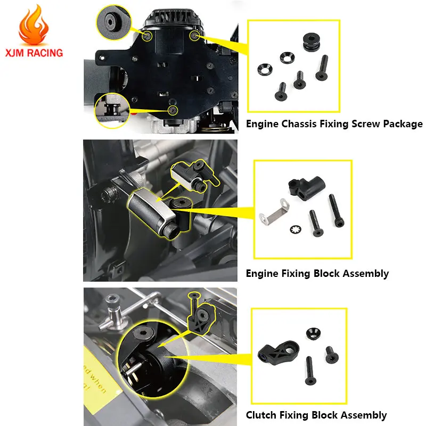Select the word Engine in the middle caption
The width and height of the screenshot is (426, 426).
(262, 274)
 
